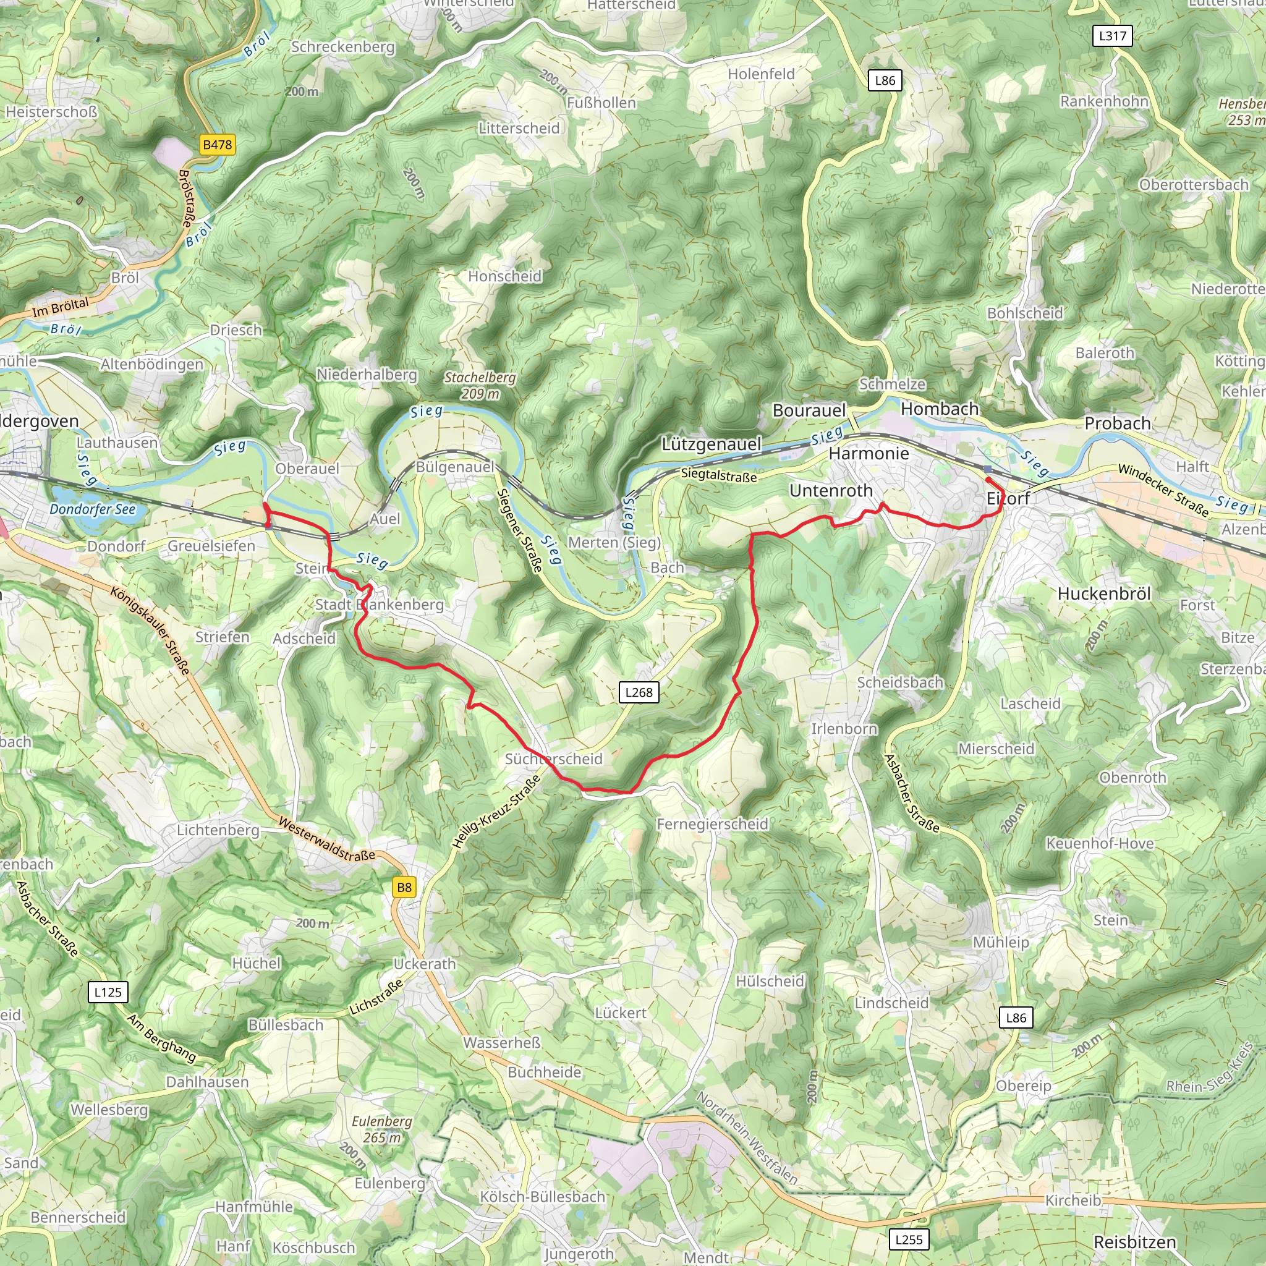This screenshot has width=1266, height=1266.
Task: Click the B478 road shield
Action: [x=218, y=145]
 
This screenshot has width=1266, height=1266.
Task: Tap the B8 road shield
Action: [x=404, y=887]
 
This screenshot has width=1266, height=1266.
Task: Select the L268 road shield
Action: [x=639, y=692]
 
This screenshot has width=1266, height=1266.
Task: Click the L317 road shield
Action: [x=1113, y=35]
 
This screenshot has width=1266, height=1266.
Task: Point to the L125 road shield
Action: [x=108, y=992]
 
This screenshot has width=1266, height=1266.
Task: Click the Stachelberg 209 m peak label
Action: [x=480, y=385]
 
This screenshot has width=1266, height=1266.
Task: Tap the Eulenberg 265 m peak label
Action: [x=381, y=1129]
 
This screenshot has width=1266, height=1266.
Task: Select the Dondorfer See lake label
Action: [x=92, y=509]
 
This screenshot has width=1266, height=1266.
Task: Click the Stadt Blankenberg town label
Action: [x=380, y=604]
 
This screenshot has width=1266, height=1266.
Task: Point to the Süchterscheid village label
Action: [x=554, y=759]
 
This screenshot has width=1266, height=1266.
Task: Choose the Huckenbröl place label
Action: [x=1104, y=593]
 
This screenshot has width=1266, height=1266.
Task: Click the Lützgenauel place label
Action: [x=711, y=444]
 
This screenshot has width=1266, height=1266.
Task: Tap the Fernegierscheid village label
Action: [x=712, y=823]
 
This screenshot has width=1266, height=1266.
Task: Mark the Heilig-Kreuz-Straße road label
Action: [x=497, y=811]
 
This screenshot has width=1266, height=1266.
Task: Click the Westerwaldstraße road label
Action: [x=326, y=839]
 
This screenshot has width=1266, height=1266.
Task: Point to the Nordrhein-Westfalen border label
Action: [x=746, y=1137]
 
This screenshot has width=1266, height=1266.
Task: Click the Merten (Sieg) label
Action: [x=614, y=542]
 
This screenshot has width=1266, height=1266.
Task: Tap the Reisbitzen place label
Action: [x=1135, y=1243]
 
